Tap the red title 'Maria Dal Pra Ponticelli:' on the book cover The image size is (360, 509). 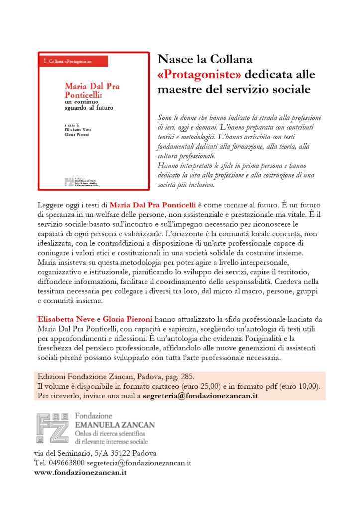(x=92, y=90)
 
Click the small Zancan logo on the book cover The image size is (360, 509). (x=69, y=181)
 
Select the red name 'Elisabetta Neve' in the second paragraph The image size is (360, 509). (x=66, y=318)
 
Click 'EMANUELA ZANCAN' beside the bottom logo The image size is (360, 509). (x=115, y=425)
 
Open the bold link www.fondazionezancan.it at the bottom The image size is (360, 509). (x=80, y=472)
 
